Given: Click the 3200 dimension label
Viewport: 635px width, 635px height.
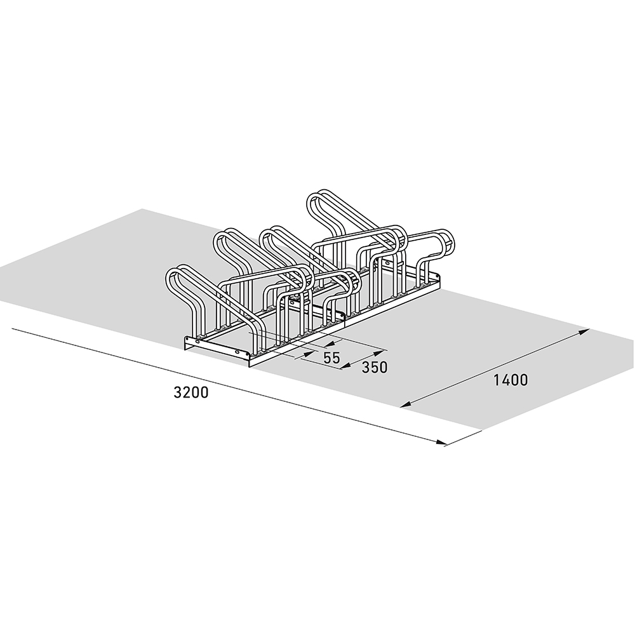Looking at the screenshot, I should (x=190, y=392).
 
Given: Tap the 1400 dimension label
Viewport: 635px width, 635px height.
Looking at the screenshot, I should (x=510, y=380).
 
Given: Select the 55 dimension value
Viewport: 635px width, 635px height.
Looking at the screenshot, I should (x=331, y=358).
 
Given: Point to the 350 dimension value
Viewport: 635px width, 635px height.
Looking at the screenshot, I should (x=374, y=367).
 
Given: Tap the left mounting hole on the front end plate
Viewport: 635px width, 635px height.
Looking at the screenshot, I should (x=196, y=344).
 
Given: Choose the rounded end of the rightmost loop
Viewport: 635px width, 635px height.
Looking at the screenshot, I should (x=448, y=241).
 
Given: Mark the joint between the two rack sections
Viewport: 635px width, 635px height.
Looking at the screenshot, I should (x=344, y=316).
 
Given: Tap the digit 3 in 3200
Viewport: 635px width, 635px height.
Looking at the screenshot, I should (x=177, y=392).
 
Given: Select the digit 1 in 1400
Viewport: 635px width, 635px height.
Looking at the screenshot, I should (x=496, y=380).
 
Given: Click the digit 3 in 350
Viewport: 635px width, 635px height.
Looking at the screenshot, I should (x=366, y=367).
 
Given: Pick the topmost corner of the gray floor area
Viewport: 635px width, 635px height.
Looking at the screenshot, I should (x=142, y=209).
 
